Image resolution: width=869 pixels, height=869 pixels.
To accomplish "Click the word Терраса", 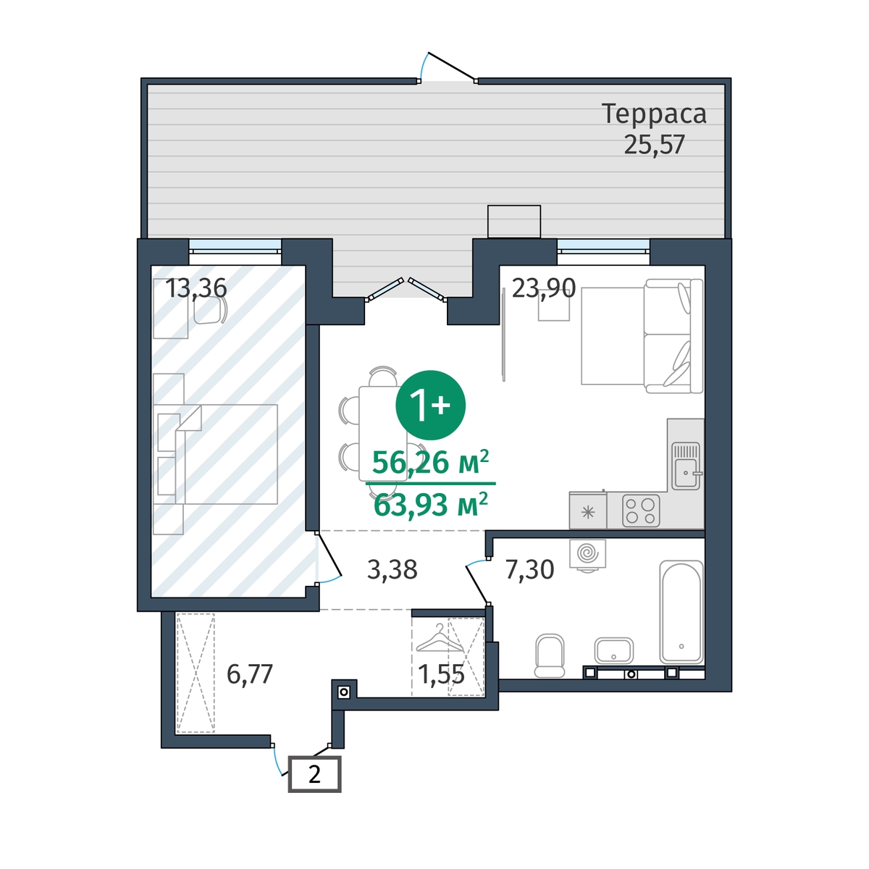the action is tap(654, 114).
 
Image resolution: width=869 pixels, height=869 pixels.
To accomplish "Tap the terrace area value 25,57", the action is tap(655, 146).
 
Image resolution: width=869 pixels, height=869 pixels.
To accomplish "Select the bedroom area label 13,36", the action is tap(196, 288).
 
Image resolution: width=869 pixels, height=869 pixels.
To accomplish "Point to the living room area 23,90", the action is tap(544, 288).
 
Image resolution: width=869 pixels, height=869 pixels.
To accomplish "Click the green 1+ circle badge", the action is tap(431, 405).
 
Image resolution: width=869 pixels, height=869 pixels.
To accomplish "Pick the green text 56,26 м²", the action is tap(431, 463).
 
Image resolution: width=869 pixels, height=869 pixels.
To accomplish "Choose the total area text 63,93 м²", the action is tap(431, 504).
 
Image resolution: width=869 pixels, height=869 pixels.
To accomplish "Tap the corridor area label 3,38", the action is tap(392, 570).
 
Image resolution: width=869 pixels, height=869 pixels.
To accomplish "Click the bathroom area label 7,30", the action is tap(530, 570).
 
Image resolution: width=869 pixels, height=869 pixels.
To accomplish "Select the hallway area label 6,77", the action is tap(250, 674).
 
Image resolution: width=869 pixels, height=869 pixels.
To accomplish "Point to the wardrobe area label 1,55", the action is tap(441, 674).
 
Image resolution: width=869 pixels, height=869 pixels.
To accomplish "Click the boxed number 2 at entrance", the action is tap(315, 774).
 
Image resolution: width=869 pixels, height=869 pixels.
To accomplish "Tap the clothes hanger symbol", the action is tap(440, 639).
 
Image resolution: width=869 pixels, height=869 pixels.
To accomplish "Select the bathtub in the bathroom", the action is tap(681, 612).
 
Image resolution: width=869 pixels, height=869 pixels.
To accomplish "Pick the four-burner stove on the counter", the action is tap(641, 511).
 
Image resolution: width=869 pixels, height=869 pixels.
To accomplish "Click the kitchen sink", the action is tap(686, 466).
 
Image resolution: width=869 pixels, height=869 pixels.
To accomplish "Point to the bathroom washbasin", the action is tap(614, 650).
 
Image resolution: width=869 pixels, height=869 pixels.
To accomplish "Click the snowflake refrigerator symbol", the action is tap(587, 512).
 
